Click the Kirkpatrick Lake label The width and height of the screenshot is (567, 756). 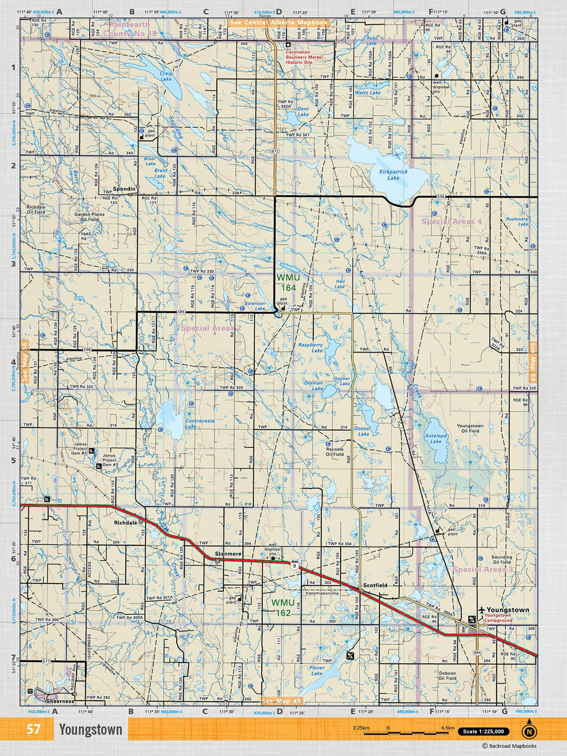coord(393,175)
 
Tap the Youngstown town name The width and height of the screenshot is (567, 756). coord(507,610)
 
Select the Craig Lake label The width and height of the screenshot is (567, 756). coord(166,76)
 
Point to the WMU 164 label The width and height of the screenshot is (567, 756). coord(288,283)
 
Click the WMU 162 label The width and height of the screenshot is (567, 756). coord(283,608)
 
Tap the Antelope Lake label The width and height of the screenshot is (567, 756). coord(436,438)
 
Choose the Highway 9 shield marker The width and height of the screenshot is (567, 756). coord(294,566)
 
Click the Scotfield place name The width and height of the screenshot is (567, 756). coord(375,585)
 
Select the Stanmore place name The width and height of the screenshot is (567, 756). coord(228,554)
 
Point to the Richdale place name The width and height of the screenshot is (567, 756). coord(125,523)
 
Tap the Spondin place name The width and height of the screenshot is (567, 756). coord(124,189)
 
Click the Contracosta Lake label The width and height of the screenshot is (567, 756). coord(199,423)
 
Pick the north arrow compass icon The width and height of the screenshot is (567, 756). coord(529,731)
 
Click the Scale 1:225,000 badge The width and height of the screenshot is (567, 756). coord(483,731)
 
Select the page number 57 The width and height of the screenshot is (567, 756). coord(33,729)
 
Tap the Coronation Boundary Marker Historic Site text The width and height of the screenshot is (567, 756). coord(304,57)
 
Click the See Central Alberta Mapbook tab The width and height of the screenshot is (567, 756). coord(278,22)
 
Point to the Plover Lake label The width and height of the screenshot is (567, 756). coord(317,670)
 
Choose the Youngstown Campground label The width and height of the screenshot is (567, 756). coord(498,618)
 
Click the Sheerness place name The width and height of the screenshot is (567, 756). coord(60,701)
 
